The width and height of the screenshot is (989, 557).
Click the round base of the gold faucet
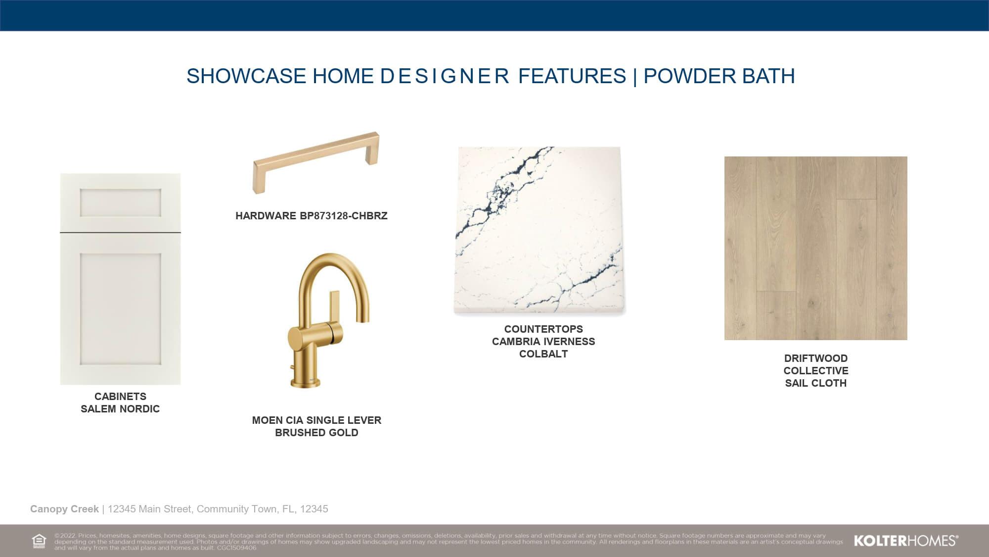305,382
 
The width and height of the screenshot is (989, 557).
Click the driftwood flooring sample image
816,248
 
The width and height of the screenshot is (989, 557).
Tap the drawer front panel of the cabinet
120,203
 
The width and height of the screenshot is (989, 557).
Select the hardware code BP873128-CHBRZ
344,216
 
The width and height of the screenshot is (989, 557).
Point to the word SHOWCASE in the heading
246,76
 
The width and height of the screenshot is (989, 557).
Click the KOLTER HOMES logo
906,541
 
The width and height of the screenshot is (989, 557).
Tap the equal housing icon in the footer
39,541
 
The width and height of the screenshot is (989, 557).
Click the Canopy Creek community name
64,509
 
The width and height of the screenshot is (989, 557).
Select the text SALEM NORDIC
120,409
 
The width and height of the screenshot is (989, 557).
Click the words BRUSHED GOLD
316,433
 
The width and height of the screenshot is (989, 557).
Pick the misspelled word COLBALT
543,354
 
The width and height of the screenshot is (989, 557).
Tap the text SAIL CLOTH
816,383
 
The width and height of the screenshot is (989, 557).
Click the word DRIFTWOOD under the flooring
816,358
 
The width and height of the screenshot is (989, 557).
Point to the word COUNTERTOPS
543,329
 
